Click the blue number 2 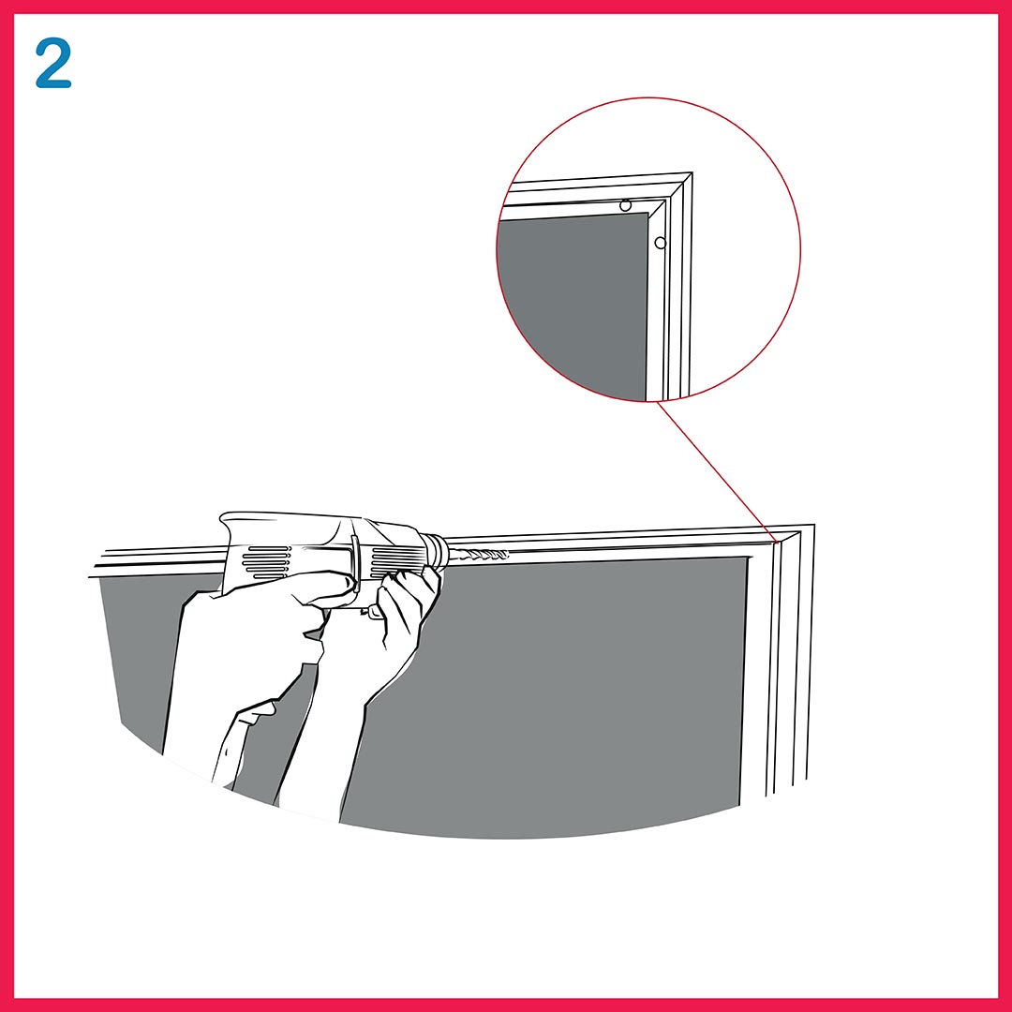point(52,64)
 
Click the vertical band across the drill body point(356,560)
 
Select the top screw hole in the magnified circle point(625,206)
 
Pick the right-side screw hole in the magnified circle point(660,243)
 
